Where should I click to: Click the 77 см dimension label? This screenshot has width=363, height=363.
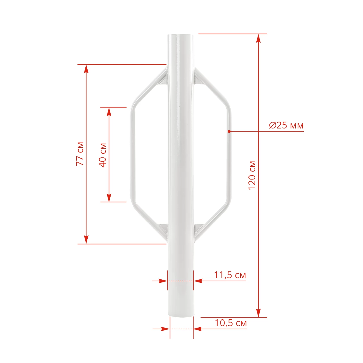tap(80, 154)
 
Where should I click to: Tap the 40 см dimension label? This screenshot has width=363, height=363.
tap(103, 155)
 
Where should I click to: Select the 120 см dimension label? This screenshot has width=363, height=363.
tap(252, 175)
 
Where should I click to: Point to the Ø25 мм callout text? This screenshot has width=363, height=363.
tap(286, 125)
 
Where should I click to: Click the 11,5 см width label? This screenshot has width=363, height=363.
tap(230, 275)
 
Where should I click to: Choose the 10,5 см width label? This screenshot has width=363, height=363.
tap(231, 323)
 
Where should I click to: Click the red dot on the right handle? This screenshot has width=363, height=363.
tap(229, 131)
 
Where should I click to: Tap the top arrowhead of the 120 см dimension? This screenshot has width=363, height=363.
tap(259, 38)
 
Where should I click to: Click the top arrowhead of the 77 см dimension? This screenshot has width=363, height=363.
tap(86, 69)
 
